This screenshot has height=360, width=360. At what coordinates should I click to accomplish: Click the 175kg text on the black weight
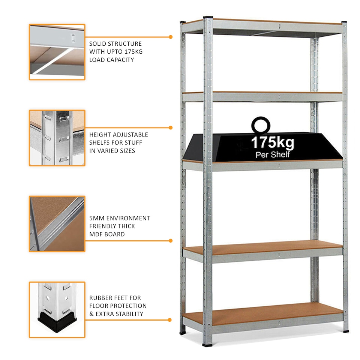(x=272, y=143)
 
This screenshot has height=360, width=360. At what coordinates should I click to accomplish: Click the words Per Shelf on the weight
(x=272, y=154)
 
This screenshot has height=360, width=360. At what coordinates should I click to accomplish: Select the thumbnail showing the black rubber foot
(x=57, y=310)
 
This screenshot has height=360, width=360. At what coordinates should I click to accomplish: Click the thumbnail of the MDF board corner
(x=57, y=223)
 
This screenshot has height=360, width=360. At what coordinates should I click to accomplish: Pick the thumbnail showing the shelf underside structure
(x=57, y=52)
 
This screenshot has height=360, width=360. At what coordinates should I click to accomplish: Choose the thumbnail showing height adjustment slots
(x=57, y=138)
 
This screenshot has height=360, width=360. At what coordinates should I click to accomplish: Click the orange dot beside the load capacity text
(x=171, y=37)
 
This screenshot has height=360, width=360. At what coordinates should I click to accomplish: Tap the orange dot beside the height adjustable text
(x=171, y=128)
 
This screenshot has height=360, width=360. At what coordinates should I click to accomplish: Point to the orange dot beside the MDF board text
(x=171, y=241)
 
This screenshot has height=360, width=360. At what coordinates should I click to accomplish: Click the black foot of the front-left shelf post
(x=207, y=343)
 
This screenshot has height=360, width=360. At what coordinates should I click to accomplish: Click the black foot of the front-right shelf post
(x=345, y=330)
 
